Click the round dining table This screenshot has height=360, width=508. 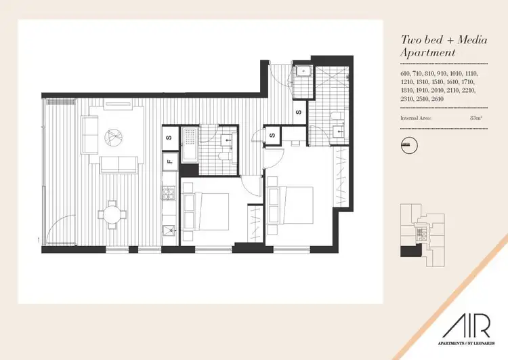110,215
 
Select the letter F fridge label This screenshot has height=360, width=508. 169,162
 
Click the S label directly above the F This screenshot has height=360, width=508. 169,138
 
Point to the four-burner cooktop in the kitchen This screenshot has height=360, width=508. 168,194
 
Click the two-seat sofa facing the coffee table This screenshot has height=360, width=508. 117,163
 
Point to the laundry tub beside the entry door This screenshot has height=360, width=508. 302,71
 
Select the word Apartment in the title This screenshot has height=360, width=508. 429,52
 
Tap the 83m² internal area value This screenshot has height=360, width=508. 475,118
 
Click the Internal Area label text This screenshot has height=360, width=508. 416,118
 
